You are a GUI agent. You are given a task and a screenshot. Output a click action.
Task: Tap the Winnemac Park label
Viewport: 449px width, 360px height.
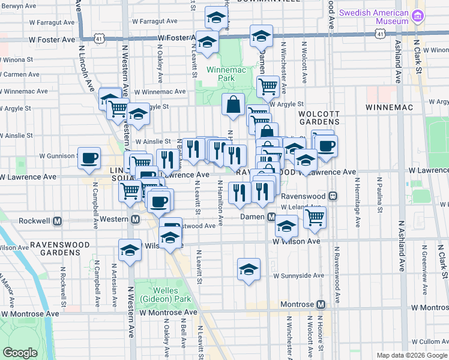pos(220,74)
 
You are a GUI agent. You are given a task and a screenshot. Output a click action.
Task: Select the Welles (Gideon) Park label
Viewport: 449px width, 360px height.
pos(158,294)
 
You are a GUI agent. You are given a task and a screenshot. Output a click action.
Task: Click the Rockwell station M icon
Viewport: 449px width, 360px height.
pos(58,220)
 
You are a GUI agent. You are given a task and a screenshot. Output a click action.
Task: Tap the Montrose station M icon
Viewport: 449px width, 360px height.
pos(321,304)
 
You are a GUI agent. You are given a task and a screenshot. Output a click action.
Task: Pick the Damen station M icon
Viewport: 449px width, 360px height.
pos(271,216)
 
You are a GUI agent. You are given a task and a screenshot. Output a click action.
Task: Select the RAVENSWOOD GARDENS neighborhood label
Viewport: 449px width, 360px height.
pos(60,248)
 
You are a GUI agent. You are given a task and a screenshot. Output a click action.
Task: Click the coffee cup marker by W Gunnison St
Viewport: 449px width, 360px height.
pos(89,158)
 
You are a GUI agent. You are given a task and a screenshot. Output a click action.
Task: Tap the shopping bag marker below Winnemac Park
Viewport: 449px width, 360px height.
pos(233,104)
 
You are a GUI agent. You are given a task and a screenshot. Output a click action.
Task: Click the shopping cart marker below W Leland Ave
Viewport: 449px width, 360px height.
pos(315,217)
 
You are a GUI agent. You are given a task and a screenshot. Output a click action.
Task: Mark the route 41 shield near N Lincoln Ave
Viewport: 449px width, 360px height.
pos(98,38)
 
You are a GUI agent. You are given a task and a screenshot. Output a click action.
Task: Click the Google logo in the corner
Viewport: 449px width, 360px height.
pos(20,353)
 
